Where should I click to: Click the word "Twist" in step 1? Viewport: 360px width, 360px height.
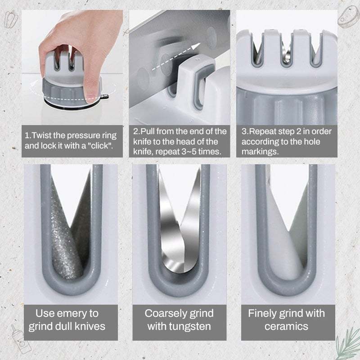coord(42,135)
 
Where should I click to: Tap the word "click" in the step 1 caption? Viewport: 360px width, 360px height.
coord(99,145)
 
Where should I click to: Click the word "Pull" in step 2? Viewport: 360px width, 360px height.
coord(148,131)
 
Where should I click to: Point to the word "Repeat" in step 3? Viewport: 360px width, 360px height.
coord(263,132)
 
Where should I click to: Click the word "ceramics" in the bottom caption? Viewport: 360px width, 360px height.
coord(286,327)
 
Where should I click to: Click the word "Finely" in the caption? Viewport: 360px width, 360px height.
coord(263,314)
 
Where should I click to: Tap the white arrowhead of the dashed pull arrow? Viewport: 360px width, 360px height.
coord(196,46)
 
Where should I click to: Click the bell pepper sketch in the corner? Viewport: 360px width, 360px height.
coord(11,19)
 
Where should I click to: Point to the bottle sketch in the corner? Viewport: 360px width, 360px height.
coord(21,339)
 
